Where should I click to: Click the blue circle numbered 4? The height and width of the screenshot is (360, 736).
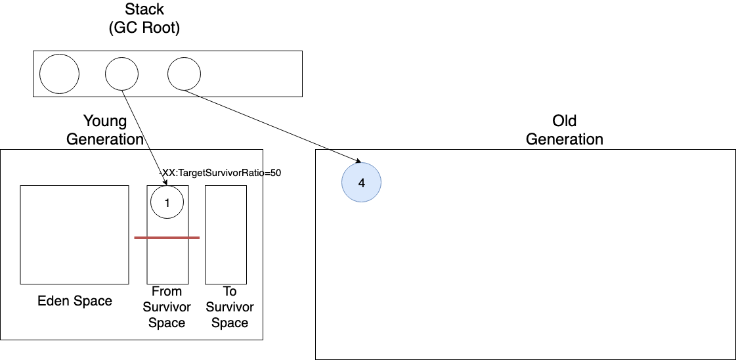coord(361,183)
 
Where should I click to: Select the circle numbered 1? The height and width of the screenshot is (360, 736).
coord(167,203)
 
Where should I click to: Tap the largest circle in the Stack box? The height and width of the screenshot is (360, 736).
coord(59,74)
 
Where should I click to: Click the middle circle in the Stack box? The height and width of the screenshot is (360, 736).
coord(122,74)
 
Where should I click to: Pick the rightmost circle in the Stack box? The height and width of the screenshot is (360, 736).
coord(184,74)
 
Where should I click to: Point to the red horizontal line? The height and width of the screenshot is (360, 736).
coord(166,237)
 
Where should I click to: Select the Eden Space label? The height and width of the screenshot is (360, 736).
coord(75,302)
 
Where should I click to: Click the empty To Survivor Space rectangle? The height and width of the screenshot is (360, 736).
coord(226,235)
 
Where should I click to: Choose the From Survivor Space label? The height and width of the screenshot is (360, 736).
coord(167,307)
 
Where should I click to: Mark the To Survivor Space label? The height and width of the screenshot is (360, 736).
coord(230,307)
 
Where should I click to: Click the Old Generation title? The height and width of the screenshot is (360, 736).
coord(565,130)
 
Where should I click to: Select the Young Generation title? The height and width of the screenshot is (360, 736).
coord(114,130)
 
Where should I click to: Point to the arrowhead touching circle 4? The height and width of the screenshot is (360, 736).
coord(358,161)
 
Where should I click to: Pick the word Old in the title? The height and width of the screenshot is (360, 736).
coord(565,121)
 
